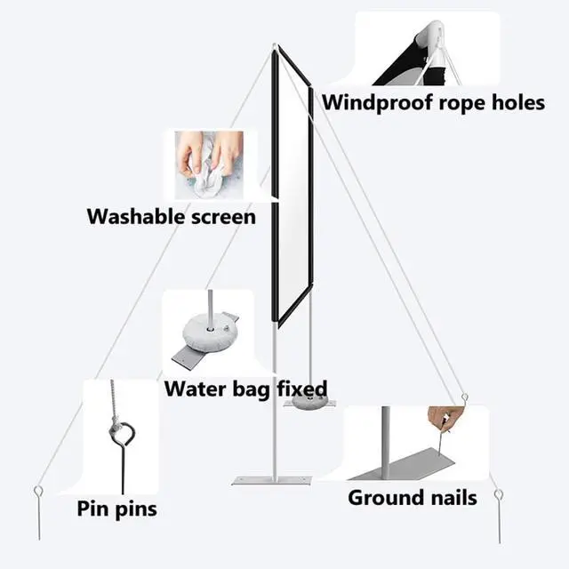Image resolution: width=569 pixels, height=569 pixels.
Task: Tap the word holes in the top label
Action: (515, 102)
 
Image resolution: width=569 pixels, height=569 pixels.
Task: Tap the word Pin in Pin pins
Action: (92, 509)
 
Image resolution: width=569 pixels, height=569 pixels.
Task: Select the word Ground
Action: (383, 497)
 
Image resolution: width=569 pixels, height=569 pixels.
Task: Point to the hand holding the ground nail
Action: (445, 416)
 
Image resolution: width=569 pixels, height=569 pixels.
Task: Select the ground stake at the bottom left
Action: (39, 498)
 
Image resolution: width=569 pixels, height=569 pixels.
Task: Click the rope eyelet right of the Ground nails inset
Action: (464, 396)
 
